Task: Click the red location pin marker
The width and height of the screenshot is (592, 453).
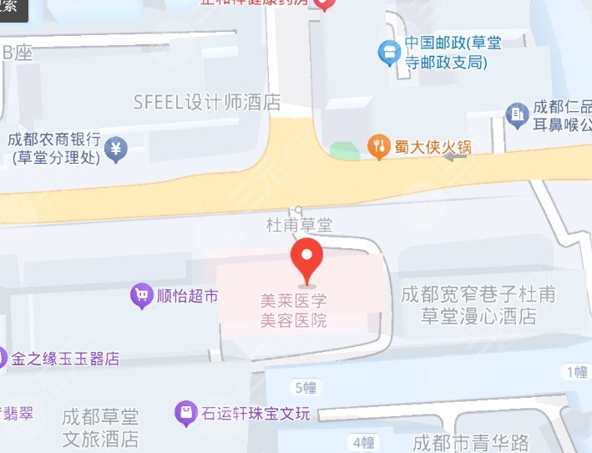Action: (306, 258)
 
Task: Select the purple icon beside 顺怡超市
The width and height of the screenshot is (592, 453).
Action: (141, 294)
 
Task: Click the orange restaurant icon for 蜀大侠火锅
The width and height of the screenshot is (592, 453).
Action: (378, 147)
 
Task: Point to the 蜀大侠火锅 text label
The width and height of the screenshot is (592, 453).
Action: (433, 147)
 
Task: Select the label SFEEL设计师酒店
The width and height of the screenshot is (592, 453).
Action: (207, 103)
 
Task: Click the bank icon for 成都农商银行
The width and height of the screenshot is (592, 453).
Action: (118, 148)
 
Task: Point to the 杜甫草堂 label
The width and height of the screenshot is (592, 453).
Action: (298, 225)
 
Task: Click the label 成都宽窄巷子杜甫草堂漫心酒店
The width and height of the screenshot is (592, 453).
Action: (478, 305)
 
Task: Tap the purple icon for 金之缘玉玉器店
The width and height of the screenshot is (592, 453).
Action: (3, 359)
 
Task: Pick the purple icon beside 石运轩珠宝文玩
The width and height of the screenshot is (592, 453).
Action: (183, 412)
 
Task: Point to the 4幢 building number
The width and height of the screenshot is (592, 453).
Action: (362, 440)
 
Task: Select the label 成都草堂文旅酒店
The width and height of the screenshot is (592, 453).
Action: (100, 427)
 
